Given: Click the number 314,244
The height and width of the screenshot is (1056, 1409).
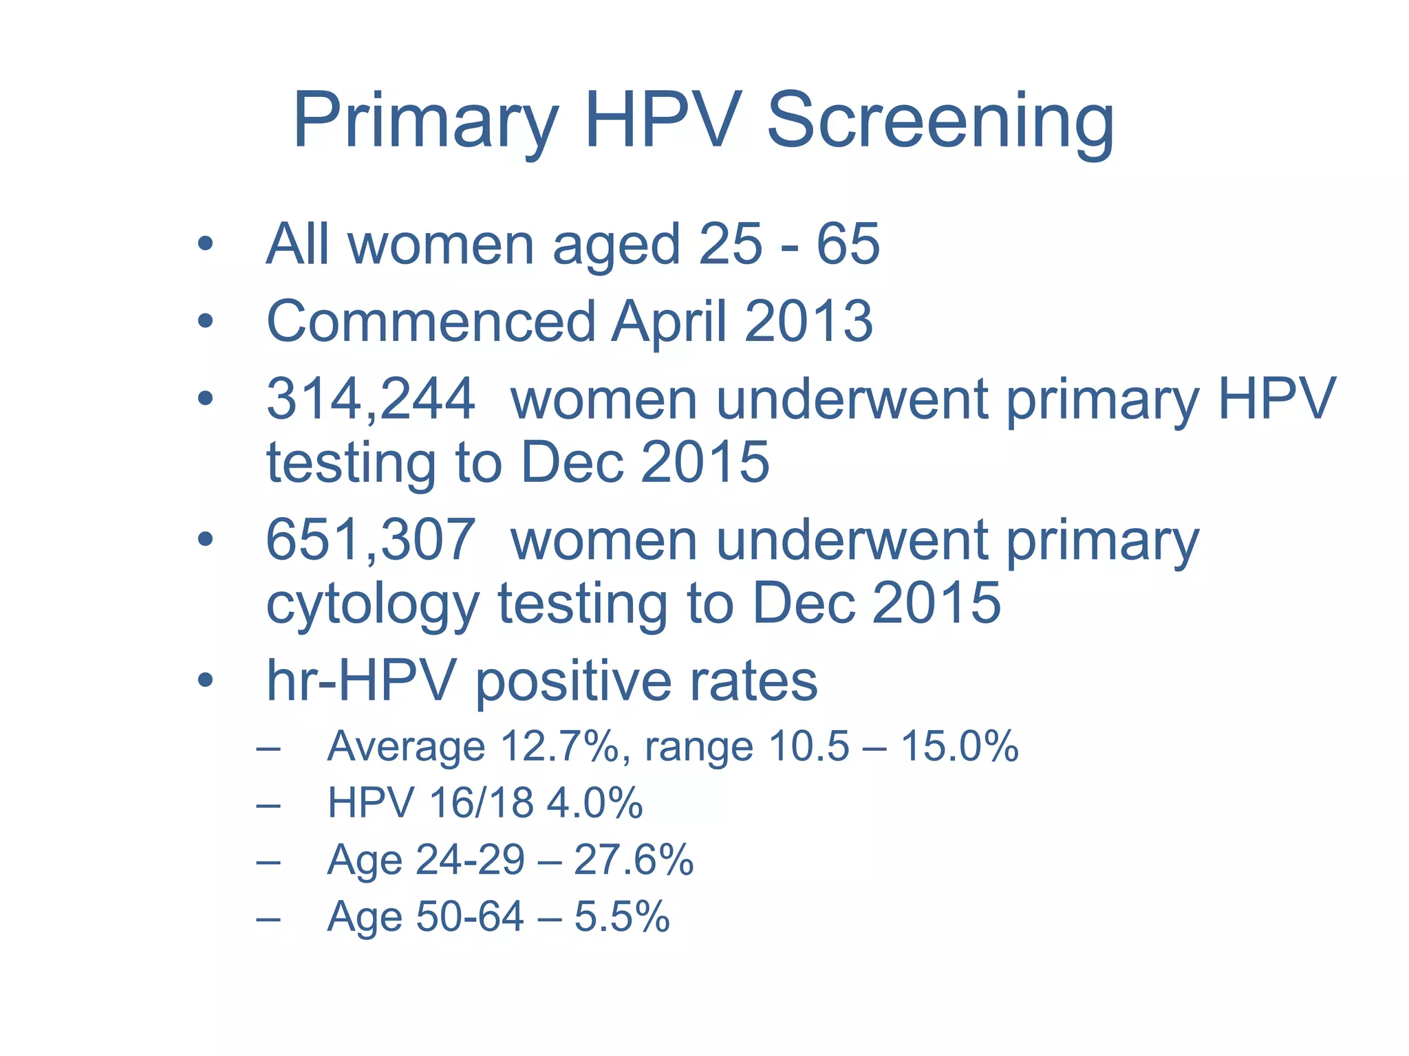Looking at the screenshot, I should [370, 399].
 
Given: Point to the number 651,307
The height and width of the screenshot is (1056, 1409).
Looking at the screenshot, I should [370, 540].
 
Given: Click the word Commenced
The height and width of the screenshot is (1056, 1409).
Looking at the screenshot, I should [431, 322].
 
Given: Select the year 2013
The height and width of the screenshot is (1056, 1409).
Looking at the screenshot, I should [808, 322].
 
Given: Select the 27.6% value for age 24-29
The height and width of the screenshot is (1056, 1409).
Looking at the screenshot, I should [633, 860].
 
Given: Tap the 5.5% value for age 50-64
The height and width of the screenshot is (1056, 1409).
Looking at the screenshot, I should [621, 917].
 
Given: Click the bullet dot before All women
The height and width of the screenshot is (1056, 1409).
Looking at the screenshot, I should [204, 244].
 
